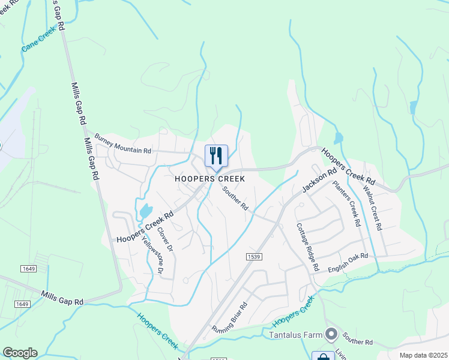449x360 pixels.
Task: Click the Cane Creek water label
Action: (40, 41)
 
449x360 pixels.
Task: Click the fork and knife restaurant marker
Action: (216, 155)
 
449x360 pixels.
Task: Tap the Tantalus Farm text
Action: (296, 334)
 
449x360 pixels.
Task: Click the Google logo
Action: (20, 353)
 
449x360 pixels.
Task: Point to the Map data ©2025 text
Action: (423, 355)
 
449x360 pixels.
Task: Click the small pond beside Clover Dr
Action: (145, 211)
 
